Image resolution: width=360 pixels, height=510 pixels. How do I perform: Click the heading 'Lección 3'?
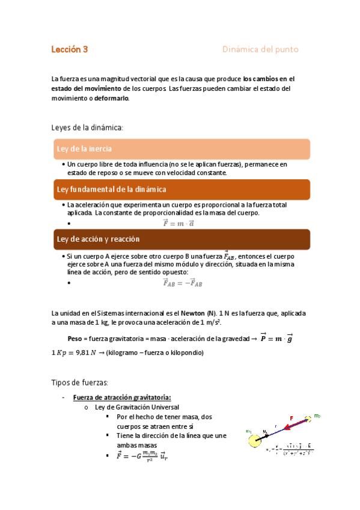(x=70, y=50)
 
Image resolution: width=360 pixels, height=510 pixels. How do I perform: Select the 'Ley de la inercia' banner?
(x=84, y=149)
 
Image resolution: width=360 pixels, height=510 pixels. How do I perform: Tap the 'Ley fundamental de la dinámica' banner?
(x=111, y=189)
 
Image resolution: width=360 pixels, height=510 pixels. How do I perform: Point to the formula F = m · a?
(x=178, y=223)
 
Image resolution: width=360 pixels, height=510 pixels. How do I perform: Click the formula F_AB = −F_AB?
(x=182, y=283)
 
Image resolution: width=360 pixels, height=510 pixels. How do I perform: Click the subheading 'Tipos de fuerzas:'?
(x=79, y=382)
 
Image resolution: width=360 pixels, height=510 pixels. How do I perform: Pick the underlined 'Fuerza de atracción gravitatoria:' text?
(x=122, y=397)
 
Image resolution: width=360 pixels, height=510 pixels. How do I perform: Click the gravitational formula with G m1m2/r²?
(x=142, y=455)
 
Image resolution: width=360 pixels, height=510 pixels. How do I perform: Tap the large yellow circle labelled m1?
(x=254, y=441)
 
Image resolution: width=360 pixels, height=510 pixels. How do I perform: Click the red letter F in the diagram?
(x=291, y=418)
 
